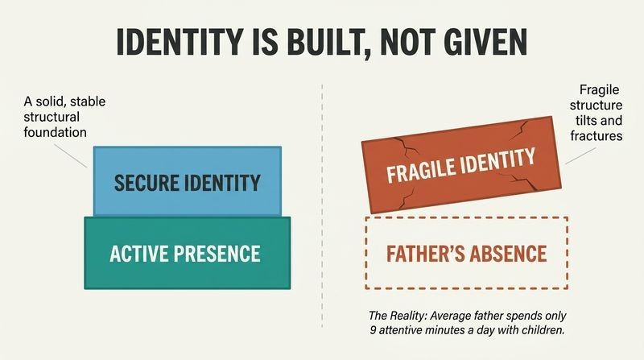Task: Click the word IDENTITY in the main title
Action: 180,43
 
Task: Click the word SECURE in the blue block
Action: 147,183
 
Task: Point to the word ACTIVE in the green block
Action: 138,253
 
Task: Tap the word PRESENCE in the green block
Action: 217,253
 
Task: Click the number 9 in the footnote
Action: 373,330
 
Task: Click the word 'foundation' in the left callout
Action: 55,132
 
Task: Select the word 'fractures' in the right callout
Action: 597,135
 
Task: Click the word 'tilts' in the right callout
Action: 586,121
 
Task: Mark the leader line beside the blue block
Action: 70,155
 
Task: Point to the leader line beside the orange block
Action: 580,155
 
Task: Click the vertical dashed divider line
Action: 322,205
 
